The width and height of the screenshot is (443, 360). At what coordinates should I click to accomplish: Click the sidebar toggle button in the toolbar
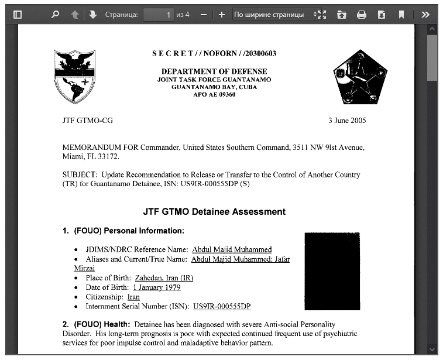tap(17, 15)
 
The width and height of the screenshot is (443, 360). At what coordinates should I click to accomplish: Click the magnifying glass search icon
tap(55, 15)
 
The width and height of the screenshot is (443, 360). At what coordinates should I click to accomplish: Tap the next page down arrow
tap(92, 15)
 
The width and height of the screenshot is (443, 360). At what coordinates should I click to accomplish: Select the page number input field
tap(158, 15)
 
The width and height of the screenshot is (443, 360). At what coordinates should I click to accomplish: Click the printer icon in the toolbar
tap(362, 15)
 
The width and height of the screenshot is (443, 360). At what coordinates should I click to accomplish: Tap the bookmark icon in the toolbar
tap(401, 15)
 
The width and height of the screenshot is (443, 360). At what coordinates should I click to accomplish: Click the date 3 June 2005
tap(347, 121)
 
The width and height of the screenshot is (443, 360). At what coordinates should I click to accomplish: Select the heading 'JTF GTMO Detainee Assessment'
tap(214, 211)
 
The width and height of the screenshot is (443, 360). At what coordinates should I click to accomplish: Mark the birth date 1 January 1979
tap(156, 287)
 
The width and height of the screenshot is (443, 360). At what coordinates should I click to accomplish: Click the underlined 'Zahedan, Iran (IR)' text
tap(164, 278)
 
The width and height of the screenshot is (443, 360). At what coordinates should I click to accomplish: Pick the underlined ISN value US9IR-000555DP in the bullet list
tap(222, 306)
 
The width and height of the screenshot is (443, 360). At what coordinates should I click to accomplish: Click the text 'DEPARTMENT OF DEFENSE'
tap(214, 71)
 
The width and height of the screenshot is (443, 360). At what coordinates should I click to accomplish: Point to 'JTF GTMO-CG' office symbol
tap(88, 121)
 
